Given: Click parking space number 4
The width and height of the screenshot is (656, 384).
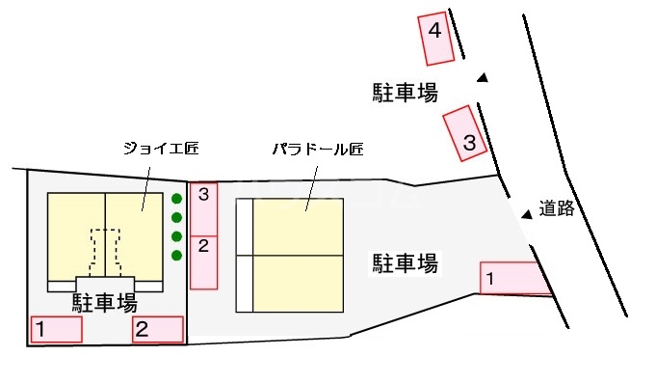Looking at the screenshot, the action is pyautogui.click(x=434, y=36).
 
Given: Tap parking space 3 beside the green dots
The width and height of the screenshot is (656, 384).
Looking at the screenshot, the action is pyautogui.click(x=203, y=207).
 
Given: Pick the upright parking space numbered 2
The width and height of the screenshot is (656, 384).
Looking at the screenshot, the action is pyautogui.click(x=203, y=261).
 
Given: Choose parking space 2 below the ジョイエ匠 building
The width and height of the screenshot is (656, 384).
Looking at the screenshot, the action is pyautogui.click(x=157, y=329).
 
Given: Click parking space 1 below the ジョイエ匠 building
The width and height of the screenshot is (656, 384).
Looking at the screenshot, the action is pyautogui.click(x=56, y=329).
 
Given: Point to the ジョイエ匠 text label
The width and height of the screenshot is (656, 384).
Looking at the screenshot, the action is pyautogui.click(x=158, y=149).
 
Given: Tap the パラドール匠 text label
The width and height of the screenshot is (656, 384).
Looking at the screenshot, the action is pyautogui.click(x=317, y=150).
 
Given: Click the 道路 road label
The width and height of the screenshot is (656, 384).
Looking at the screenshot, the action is pyautogui.click(x=556, y=208).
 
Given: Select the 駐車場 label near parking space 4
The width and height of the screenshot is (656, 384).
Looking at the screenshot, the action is pyautogui.click(x=406, y=93).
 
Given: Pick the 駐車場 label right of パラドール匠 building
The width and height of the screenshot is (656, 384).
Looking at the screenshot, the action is pyautogui.click(x=406, y=261).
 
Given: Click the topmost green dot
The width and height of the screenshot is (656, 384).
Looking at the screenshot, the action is pyautogui.click(x=176, y=200).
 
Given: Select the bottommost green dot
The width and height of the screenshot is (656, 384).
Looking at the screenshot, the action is pyautogui.click(x=176, y=255).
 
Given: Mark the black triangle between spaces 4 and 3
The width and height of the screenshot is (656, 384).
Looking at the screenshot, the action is pyautogui.click(x=483, y=78).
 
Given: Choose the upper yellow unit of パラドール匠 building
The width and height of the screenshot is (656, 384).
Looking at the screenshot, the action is pyautogui.click(x=297, y=227).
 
